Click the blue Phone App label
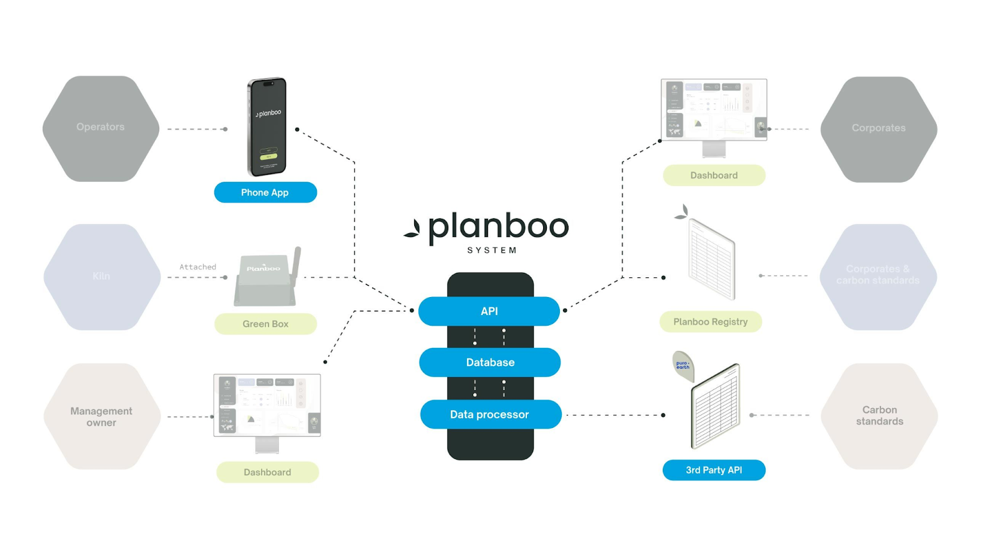[265, 192]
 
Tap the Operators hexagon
[100, 128]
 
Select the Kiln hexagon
[102, 277]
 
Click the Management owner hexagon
[102, 416]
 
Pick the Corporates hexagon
[879, 129]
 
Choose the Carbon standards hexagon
[879, 416]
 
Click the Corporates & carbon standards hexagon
[878, 276]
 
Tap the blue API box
[489, 311]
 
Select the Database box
[490, 362]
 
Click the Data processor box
[490, 414]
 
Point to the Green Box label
[265, 324]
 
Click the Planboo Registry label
[711, 322]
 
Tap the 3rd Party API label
[714, 470]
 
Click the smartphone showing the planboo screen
[267, 127]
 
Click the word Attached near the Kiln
[198, 267]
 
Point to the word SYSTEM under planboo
[492, 251]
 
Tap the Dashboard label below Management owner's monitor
[267, 472]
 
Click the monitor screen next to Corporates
[714, 110]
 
